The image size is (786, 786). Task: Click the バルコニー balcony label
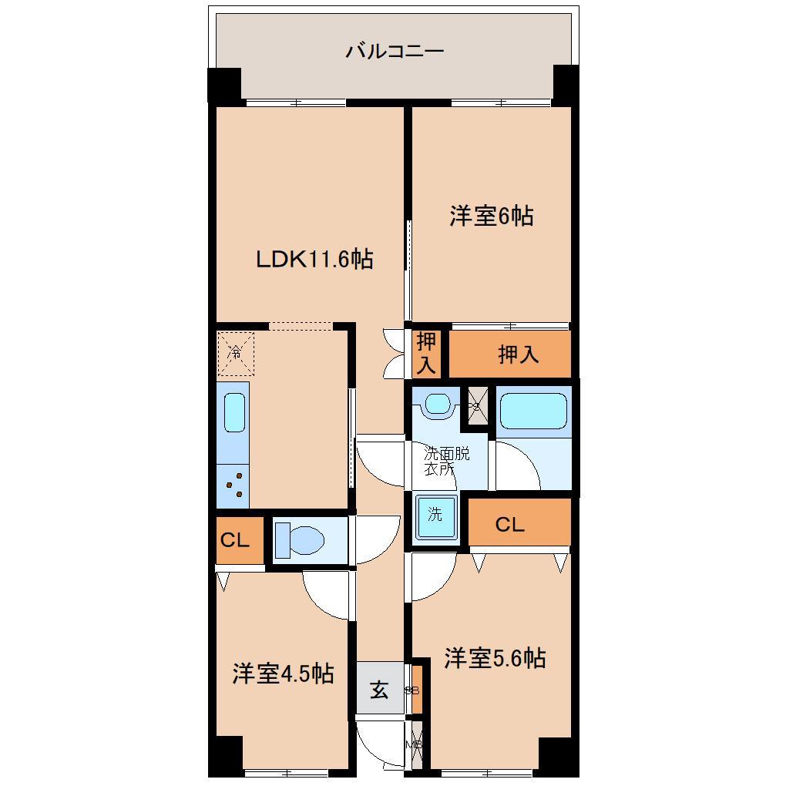395,52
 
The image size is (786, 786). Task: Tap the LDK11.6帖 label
314,260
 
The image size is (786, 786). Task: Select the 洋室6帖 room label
492,216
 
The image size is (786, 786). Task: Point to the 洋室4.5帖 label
283,673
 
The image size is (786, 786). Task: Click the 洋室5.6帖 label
495,658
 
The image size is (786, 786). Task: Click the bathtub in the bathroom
533,411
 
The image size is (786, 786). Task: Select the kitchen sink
234,414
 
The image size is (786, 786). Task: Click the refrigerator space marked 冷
235,354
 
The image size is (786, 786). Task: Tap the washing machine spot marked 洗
435,516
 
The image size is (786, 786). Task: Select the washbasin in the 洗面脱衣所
438,404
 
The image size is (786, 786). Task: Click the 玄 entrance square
380,689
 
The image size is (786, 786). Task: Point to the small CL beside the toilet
236,540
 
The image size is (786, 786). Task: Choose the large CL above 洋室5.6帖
510,525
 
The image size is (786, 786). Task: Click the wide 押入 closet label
518,354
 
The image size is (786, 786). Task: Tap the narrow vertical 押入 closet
426,354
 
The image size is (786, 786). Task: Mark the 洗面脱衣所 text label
447,459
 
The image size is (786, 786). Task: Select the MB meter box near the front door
416,744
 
